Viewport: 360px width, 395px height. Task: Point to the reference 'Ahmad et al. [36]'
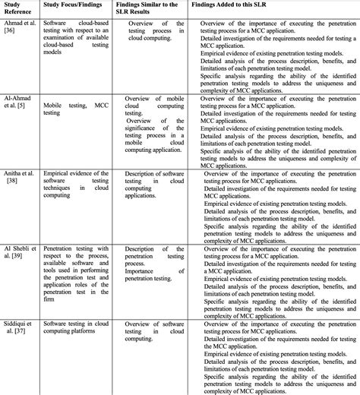(19, 30)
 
